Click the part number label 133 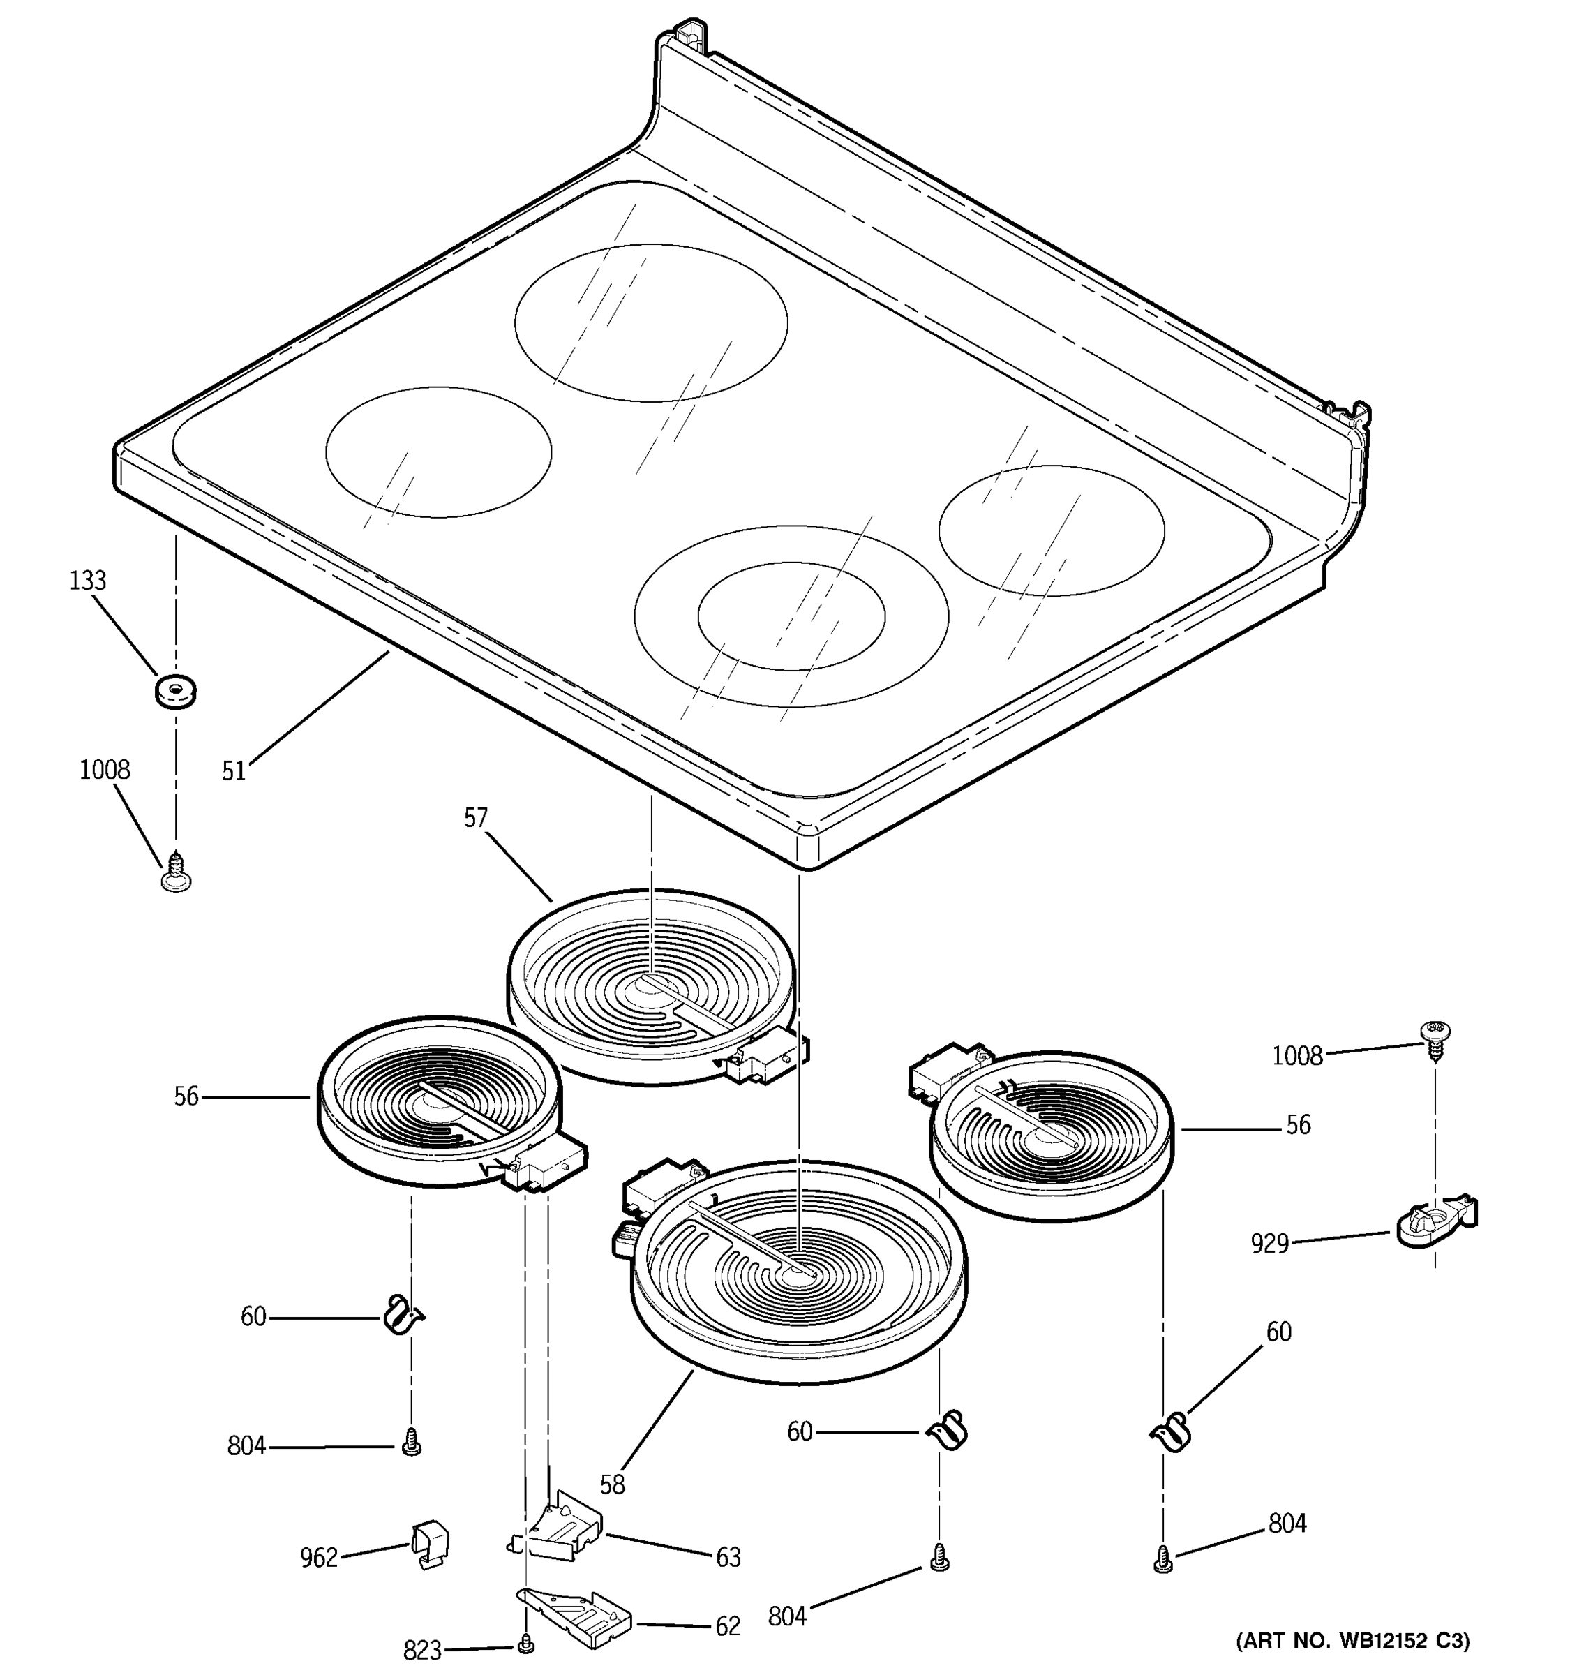point(88,581)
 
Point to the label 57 point(476,817)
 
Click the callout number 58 point(613,1484)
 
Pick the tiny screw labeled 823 point(526,1642)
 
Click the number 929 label point(1270,1243)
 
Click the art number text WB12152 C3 point(1351,1641)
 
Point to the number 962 point(318,1558)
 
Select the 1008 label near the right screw point(1297,1056)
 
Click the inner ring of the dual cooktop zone point(791,616)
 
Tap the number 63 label point(728,1557)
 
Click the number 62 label point(727,1625)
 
